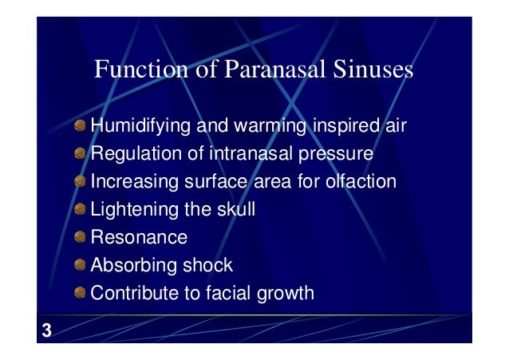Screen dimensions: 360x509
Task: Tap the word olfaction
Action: [x=358, y=181]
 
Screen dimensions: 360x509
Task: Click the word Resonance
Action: [x=139, y=237]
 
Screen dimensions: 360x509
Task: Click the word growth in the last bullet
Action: [x=286, y=293]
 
